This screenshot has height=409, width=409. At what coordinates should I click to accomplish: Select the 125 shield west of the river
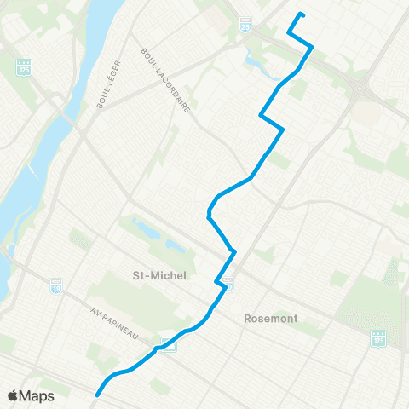(x=24, y=66)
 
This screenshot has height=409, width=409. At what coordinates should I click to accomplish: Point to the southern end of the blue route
(x=98, y=395)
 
